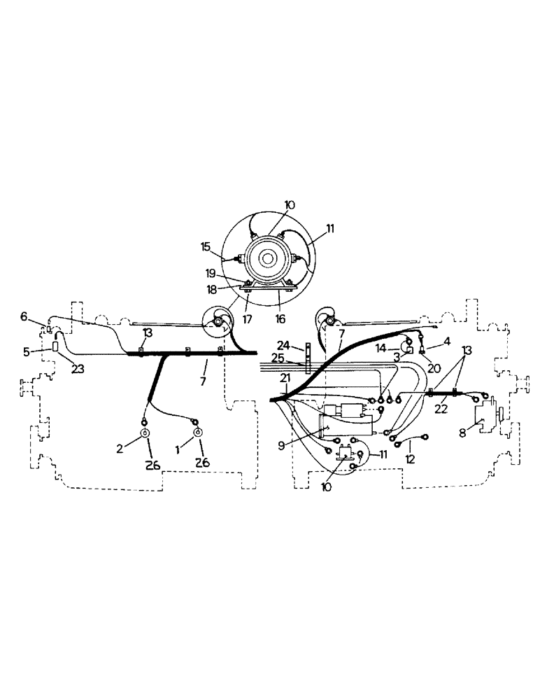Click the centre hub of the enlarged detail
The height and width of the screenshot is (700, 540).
click(268, 258)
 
